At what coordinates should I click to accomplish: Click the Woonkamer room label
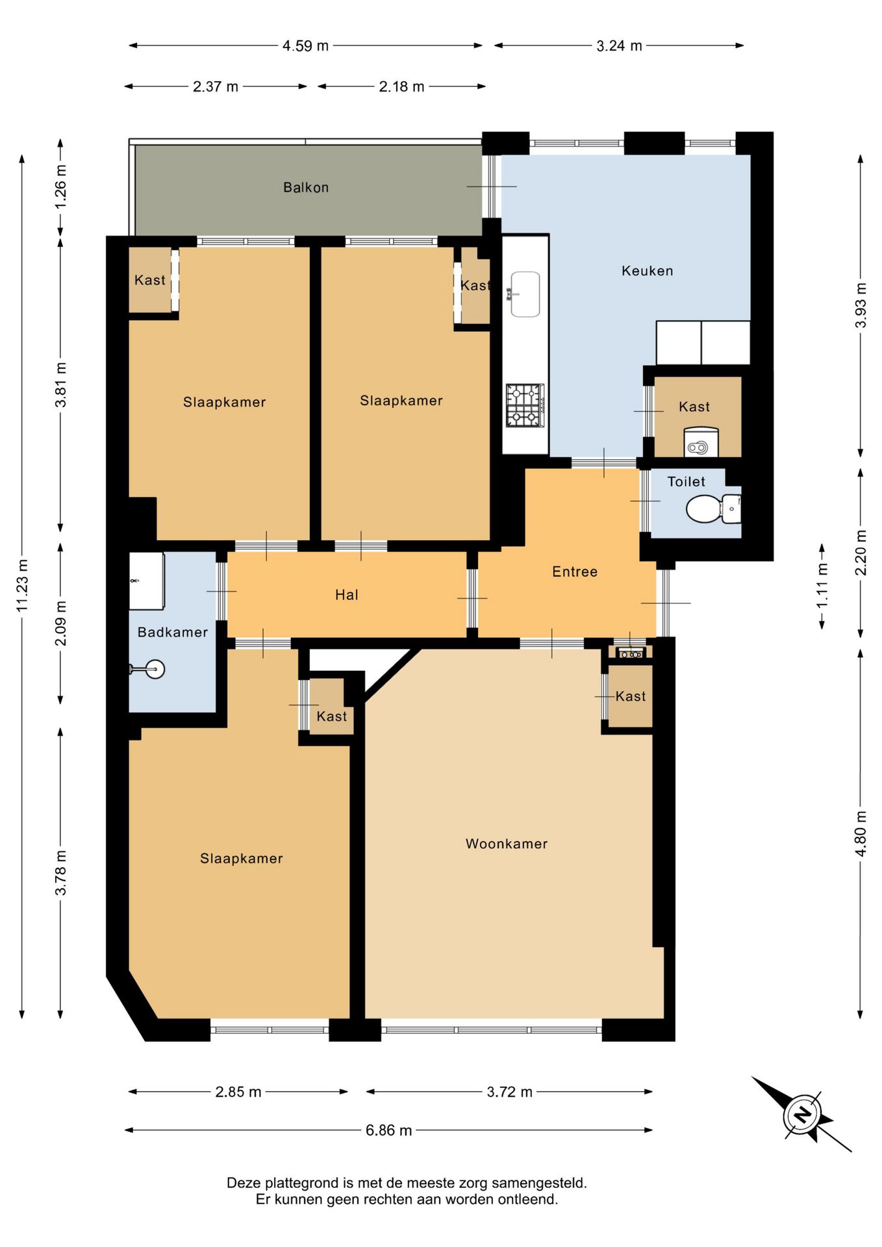507,844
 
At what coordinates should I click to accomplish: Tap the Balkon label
306,188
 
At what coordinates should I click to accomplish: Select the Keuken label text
647,271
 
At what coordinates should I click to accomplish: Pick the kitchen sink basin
525,294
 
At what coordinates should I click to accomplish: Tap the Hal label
347,595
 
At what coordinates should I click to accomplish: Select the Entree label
575,572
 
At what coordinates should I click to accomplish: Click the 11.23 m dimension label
22,585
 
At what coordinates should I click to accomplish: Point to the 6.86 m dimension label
388,1130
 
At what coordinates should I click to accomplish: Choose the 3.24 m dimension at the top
619,45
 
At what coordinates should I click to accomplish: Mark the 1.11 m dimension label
822,586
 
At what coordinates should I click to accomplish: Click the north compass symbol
802,1115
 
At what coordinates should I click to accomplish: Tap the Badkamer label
173,632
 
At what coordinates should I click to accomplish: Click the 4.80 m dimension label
861,833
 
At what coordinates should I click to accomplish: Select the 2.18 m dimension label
401,86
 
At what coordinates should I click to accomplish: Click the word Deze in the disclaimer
240,1183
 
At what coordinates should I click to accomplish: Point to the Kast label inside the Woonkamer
630,696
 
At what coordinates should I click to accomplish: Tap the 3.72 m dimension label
509,1092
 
